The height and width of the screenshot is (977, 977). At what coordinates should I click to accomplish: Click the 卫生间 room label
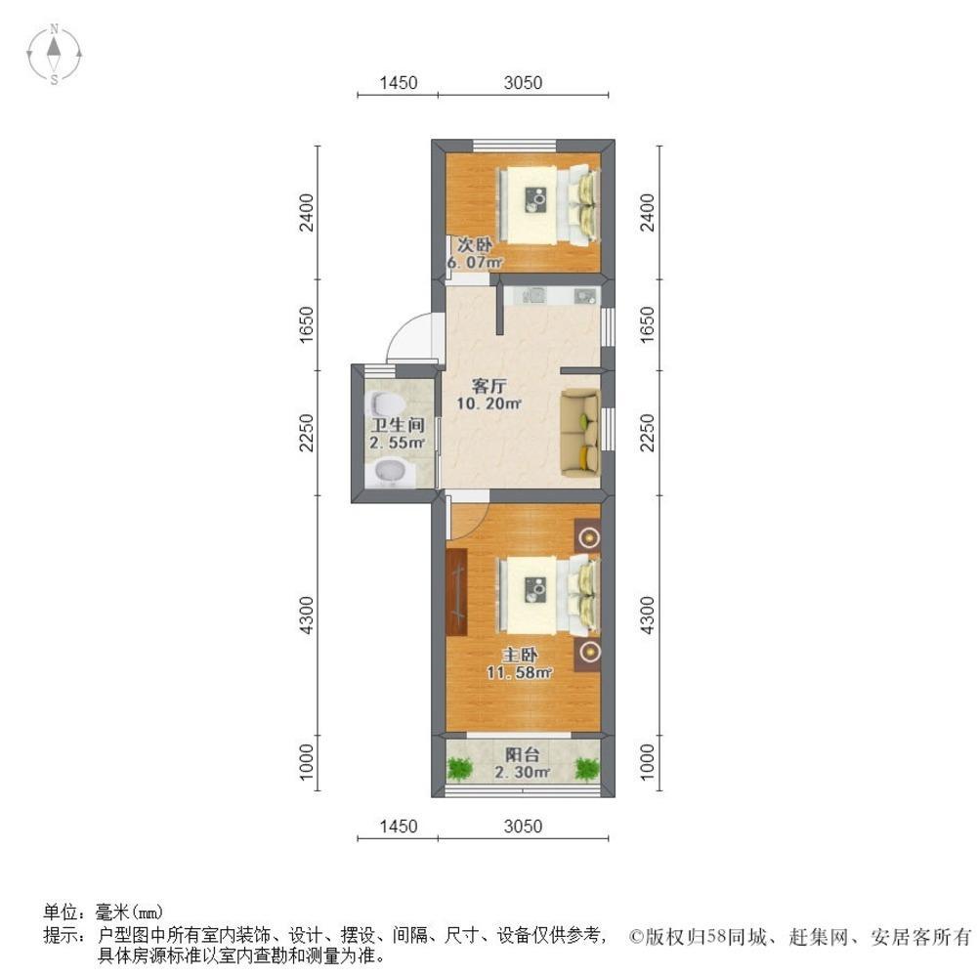click(396, 425)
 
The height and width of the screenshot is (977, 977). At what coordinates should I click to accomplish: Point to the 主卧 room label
click(520, 655)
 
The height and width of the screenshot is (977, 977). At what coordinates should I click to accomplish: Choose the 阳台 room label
click(522, 754)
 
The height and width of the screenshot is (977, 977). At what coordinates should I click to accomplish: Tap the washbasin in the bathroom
click(391, 473)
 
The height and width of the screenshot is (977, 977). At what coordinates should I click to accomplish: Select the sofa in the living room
click(579, 433)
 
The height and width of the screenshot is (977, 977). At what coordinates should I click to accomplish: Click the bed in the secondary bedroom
click(547, 205)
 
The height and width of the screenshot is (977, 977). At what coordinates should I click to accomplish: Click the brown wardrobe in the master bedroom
click(458, 592)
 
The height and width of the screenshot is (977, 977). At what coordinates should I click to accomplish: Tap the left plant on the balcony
click(459, 769)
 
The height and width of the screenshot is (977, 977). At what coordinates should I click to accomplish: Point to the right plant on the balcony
click(586, 769)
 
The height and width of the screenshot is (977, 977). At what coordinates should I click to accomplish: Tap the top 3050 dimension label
click(523, 83)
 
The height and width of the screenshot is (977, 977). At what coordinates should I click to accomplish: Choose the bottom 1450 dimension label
click(398, 827)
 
